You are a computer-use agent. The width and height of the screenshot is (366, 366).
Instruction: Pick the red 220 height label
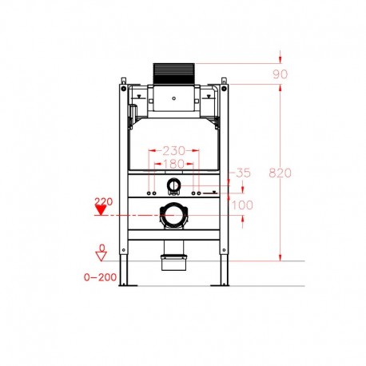pos(101,201)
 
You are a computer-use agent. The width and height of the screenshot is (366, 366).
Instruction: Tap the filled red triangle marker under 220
pos(101,211)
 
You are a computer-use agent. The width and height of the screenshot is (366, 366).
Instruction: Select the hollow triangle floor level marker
pos(101,257)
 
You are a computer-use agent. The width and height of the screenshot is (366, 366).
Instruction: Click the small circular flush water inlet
pos(173,187)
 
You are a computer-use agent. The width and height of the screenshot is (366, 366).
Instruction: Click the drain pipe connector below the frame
pos(172,261)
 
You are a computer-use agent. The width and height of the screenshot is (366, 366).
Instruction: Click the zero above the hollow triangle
pos(101,247)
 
